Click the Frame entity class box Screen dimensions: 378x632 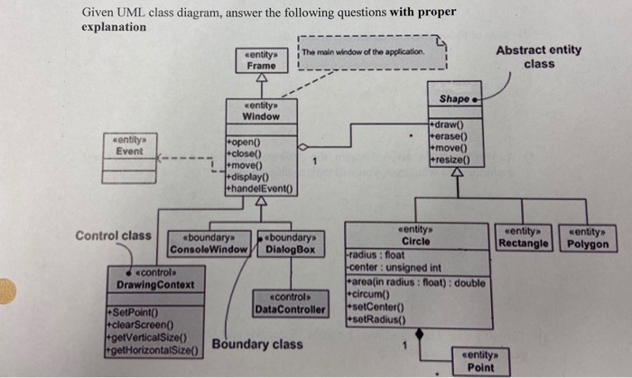(261, 60)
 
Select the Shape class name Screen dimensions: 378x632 (453, 98)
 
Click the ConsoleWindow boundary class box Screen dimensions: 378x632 (209, 243)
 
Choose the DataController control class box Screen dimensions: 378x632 (290, 303)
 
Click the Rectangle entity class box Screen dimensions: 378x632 (525, 238)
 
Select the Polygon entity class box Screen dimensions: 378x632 (587, 238)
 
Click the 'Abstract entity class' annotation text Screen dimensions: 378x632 (539, 56)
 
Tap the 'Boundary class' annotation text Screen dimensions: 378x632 (257, 344)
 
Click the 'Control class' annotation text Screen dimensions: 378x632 (114, 235)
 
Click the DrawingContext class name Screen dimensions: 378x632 (155, 285)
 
